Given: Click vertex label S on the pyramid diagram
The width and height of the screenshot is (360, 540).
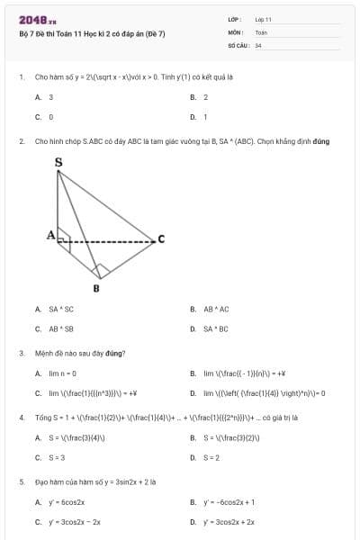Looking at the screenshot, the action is [58, 162].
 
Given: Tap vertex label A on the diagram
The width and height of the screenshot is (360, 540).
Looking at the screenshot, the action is [51, 235].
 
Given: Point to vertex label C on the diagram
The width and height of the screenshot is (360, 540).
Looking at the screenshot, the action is [161, 238].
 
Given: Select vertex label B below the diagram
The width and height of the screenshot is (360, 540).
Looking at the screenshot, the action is [96, 288].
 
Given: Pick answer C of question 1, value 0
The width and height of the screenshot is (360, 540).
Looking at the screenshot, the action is [51, 117].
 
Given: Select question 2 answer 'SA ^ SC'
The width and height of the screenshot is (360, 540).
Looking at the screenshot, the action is [61, 309].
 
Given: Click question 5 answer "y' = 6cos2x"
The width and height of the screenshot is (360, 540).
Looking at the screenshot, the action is [67, 502].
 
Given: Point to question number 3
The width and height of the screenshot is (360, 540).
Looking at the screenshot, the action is [21, 353].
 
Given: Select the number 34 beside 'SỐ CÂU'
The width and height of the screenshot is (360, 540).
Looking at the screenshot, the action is [258, 44].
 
